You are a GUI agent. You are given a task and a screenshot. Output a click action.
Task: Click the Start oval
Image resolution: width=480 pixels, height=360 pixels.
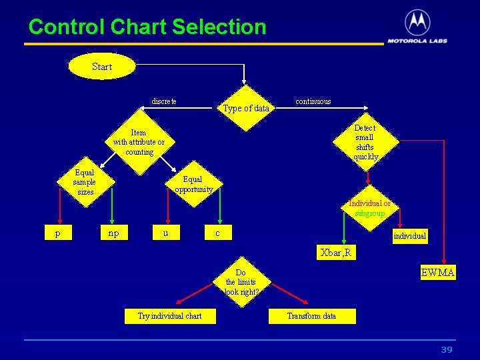coord(102,67)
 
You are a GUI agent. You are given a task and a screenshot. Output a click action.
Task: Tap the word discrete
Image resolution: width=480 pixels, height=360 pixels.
coord(164,101)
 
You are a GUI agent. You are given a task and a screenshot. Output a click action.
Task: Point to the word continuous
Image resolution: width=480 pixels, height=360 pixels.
coord(313,101)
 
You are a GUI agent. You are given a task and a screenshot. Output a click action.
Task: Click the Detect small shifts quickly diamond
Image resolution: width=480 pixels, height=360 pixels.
coord(365,142)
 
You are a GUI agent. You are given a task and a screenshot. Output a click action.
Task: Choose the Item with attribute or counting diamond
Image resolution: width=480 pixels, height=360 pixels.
coord(139,142)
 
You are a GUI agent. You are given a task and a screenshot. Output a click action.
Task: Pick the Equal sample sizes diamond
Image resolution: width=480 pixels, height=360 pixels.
coord(85,182)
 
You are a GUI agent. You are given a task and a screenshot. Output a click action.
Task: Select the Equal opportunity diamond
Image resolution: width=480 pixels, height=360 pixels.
coord(193,184)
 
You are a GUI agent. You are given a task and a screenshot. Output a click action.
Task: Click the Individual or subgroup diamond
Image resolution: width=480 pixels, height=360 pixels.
coord(369,208)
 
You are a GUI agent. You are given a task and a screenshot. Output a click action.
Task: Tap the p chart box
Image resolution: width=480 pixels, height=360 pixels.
coord(58,233)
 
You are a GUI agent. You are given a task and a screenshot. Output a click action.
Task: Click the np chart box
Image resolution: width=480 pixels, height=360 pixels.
coord(113,233)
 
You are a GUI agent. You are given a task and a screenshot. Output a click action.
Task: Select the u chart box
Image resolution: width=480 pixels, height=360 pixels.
coord(165,233)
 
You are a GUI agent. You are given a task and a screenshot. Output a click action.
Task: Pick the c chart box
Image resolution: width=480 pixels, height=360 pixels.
coord(217,233)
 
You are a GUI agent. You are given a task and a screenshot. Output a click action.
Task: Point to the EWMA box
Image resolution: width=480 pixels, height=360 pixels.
coord(438,273)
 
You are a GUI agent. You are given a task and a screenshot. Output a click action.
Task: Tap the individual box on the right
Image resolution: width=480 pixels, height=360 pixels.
coord(409,236)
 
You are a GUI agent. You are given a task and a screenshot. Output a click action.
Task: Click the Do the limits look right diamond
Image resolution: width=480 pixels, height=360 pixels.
coord(241,282)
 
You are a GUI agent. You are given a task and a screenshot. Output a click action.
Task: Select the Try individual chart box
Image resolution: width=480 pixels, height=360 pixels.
coord(169,315)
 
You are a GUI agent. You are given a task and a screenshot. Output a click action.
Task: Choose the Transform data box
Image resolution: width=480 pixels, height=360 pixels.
coord(312,315)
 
